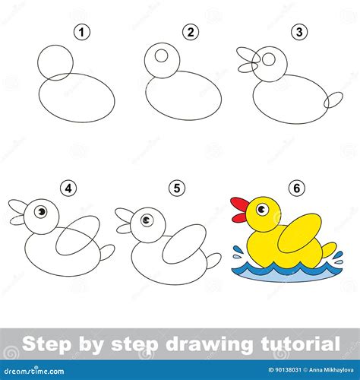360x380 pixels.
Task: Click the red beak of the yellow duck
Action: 239,211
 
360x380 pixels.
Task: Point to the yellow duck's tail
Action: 328,249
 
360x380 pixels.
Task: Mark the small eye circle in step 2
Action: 160,55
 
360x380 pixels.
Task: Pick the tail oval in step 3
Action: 333,100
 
